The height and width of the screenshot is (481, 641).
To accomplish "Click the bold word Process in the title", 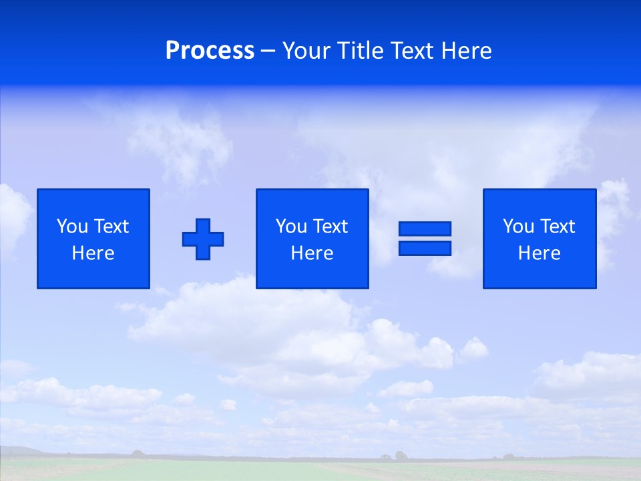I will (x=210, y=51).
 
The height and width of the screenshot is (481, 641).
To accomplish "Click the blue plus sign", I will (x=203, y=238).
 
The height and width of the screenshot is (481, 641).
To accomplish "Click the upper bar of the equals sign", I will (x=425, y=228).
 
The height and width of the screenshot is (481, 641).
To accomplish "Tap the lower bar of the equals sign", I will (x=425, y=248).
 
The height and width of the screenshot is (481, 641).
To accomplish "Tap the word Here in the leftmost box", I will (x=93, y=253).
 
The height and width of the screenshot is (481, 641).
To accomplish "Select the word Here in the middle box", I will (x=312, y=253).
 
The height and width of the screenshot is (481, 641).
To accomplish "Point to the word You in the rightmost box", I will (x=519, y=226).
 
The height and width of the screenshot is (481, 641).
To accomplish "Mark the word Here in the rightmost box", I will (x=540, y=253).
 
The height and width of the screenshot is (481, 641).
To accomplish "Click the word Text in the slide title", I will (x=412, y=51).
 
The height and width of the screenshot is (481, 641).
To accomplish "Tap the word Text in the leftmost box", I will (x=111, y=226).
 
